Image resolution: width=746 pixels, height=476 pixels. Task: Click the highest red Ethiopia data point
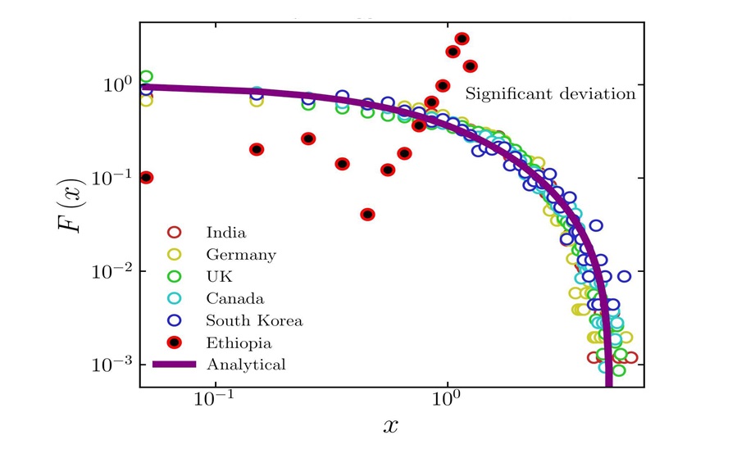462,39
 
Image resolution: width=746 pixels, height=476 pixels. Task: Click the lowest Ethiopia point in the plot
368,215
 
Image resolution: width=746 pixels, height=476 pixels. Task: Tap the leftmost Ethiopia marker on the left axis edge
146,178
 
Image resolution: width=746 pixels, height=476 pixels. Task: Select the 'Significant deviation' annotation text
550,94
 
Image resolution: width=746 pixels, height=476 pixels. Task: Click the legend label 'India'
225,233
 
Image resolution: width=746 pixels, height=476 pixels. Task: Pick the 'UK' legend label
219,277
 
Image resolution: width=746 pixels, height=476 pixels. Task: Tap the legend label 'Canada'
234,299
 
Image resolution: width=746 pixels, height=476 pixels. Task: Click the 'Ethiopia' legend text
239,343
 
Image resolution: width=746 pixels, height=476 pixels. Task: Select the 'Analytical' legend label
245,365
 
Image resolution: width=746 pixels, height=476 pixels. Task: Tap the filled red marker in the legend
173,342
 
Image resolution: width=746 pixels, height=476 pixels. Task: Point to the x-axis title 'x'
391,426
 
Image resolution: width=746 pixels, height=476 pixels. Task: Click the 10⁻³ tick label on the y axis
111,365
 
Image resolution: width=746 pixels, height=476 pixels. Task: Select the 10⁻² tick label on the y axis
111,271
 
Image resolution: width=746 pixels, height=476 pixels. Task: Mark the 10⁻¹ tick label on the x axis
216,402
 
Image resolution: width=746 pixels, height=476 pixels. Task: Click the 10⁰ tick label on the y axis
115,85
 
